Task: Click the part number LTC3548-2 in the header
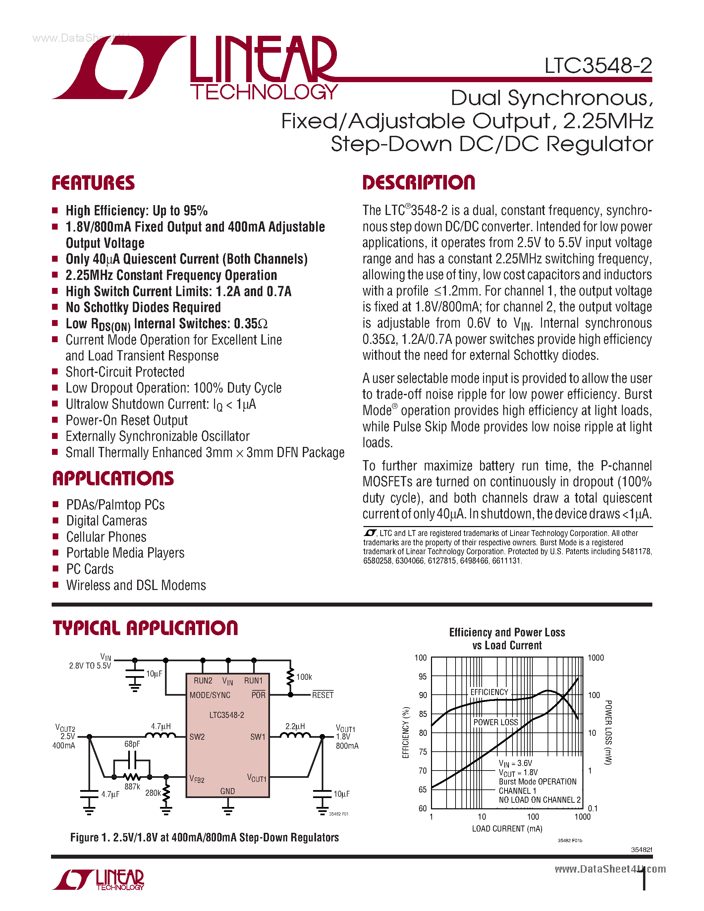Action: pyautogui.click(x=598, y=66)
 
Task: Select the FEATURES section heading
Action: pyautogui.click(x=93, y=183)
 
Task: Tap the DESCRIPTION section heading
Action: pyautogui.click(x=418, y=183)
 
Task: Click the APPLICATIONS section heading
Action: pyautogui.click(x=113, y=478)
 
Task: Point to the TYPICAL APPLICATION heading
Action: pyautogui.click(x=145, y=628)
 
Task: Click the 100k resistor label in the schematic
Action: pyautogui.click(x=304, y=677)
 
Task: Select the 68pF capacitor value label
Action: pyautogui.click(x=132, y=744)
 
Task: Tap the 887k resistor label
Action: pyautogui.click(x=132, y=787)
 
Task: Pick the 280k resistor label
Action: pyautogui.click(x=153, y=792)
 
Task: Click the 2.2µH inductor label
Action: pyautogui.click(x=295, y=726)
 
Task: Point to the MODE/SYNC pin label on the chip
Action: pyautogui.click(x=210, y=695)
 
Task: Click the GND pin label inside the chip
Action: pyautogui.click(x=228, y=791)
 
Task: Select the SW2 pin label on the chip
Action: pyautogui.click(x=197, y=737)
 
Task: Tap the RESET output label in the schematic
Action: pyautogui.click(x=323, y=695)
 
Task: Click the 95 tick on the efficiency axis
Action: pyautogui.click(x=422, y=676)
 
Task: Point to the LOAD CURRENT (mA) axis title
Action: pyautogui.click(x=507, y=829)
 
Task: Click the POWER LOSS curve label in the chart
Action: pyautogui.click(x=496, y=722)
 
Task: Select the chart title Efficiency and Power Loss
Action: pyautogui.click(x=507, y=632)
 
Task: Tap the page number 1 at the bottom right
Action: pyautogui.click(x=644, y=879)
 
